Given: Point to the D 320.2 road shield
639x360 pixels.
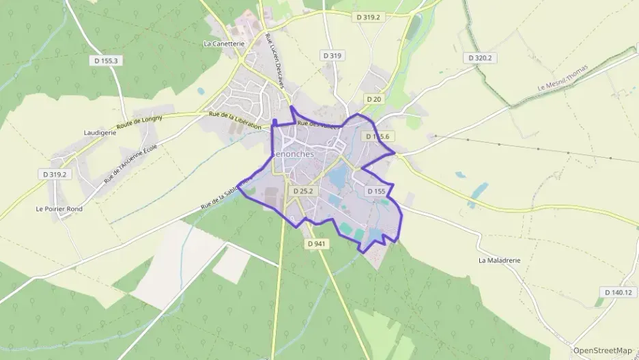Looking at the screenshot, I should (480, 58).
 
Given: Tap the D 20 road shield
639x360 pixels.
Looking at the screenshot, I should (373, 99).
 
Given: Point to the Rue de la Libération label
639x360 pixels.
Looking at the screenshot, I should (236, 122).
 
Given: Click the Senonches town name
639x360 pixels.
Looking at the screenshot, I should (293, 154).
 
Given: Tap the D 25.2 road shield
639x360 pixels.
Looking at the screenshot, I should (302, 191).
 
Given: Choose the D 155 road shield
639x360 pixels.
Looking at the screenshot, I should (376, 191).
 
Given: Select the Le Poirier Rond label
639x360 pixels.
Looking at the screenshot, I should (59, 209).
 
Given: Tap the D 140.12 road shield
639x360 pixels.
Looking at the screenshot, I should (619, 292).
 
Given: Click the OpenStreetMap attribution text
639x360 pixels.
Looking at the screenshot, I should (602, 350).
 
